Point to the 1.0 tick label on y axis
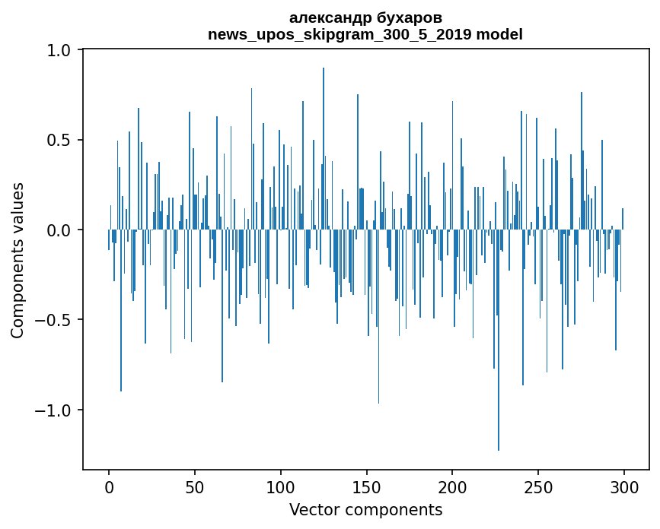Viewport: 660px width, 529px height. (59, 50)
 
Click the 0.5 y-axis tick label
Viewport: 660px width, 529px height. (59, 141)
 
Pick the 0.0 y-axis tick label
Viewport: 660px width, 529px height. (59, 230)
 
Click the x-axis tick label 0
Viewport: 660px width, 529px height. (109, 486)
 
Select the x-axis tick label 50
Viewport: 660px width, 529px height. (195, 486)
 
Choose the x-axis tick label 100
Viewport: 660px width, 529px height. (281, 486)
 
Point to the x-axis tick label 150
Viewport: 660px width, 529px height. (366, 486)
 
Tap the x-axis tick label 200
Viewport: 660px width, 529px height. (452, 486)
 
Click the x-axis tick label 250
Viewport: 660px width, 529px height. (538, 486)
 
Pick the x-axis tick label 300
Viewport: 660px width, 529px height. (624, 486)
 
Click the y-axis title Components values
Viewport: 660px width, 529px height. (18, 260)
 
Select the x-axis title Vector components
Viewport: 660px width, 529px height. (366, 509)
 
